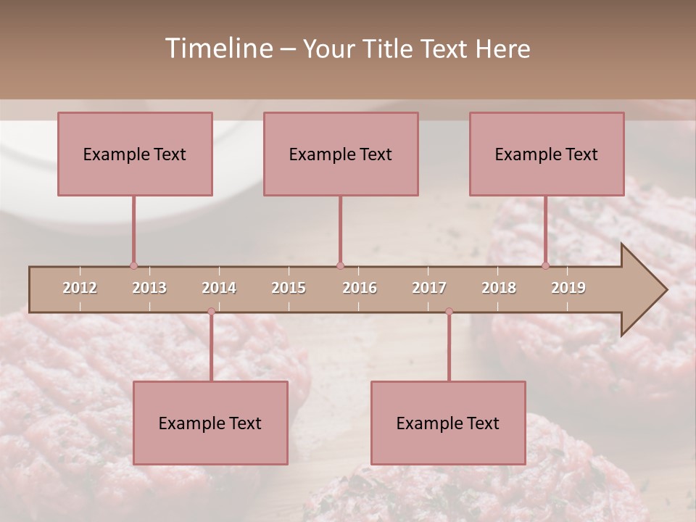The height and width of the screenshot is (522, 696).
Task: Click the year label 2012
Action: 80,288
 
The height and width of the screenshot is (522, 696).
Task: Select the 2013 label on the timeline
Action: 149,288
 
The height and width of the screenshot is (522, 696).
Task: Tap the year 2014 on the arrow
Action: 219,288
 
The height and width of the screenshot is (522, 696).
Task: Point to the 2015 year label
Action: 289,288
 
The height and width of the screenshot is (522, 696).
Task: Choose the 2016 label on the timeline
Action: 360,288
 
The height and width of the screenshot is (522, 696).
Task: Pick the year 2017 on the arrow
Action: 429,288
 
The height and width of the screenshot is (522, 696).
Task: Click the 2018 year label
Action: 499,288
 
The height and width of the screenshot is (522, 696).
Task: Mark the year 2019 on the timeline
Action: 568,288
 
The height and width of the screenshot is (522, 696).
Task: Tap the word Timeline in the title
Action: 217,49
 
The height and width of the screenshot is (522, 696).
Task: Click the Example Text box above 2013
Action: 135,154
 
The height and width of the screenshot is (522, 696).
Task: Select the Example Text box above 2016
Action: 341,154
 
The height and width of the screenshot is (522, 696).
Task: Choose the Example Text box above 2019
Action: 547,154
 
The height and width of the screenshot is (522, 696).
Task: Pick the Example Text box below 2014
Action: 210,423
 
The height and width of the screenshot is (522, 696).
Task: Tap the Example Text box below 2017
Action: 448,423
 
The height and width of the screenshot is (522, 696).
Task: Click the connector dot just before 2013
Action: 133,266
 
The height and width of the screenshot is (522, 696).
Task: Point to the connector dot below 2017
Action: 449,312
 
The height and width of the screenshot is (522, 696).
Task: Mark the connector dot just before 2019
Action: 545,266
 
